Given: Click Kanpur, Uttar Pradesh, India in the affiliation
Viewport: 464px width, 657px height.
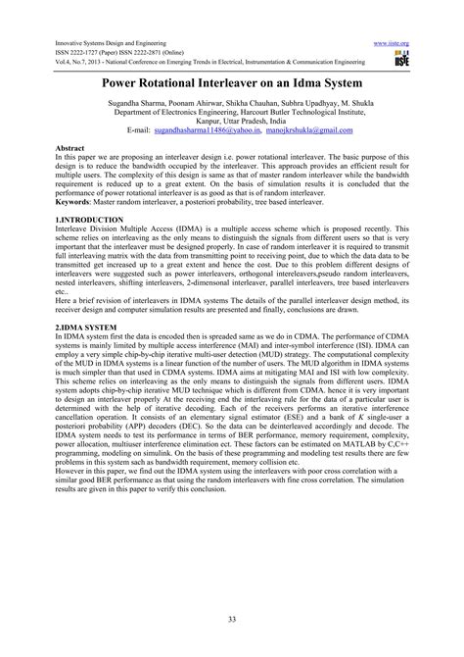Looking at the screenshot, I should tap(232, 120).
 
